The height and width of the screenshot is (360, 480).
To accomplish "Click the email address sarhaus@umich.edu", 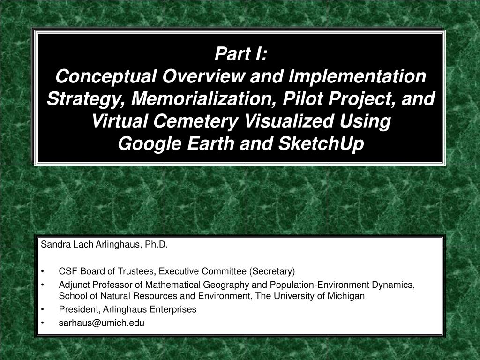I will click(102, 322).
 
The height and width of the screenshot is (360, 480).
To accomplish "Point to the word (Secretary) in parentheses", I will click(272, 271).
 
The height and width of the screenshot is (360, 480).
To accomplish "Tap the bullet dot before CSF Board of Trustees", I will click(43, 271).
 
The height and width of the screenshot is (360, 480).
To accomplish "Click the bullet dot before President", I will click(43, 310).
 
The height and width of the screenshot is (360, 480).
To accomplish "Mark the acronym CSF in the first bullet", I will click(66, 271).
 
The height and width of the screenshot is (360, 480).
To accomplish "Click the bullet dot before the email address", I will click(43, 323).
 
